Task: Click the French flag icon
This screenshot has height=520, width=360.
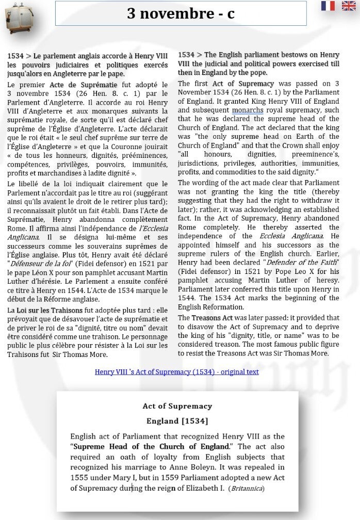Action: [328, 6]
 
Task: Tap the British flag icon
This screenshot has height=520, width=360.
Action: [349, 6]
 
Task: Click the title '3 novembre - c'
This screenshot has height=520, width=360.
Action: [181, 13]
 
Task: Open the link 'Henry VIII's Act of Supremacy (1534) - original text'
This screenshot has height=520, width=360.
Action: [176, 371]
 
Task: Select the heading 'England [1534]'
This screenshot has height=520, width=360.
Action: [177, 421]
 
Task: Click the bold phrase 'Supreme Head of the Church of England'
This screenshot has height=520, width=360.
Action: [151, 446]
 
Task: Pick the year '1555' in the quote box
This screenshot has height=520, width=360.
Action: [80, 478]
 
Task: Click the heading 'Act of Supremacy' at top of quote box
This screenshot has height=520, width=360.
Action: [177, 406]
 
